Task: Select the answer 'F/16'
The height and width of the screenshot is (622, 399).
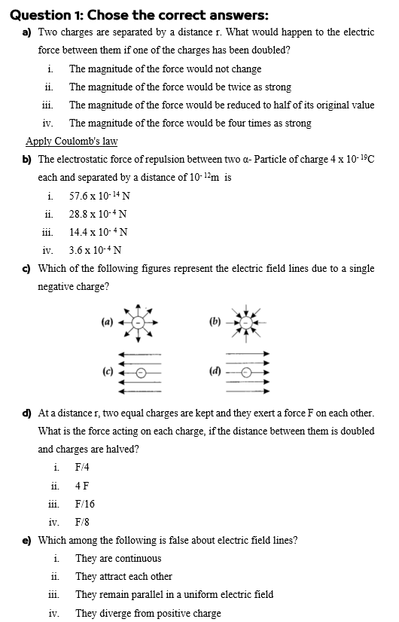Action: (85, 504)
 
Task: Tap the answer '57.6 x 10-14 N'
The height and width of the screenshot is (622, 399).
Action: (99, 196)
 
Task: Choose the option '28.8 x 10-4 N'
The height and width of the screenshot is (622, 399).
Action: (99, 214)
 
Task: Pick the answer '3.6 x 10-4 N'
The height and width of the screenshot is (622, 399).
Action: (96, 250)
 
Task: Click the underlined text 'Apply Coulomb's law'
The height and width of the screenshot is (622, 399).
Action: (72, 142)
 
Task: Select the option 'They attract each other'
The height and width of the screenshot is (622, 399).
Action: (123, 576)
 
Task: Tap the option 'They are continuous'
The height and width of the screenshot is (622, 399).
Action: (117, 558)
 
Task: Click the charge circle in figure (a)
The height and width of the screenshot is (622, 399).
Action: (138, 322)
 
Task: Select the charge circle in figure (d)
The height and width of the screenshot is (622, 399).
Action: (245, 371)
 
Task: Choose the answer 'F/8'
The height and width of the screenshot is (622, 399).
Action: (83, 522)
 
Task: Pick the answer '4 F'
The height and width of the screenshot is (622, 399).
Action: (82, 486)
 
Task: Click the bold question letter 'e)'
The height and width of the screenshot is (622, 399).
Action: (27, 540)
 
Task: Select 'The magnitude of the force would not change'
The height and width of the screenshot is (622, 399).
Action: (165, 69)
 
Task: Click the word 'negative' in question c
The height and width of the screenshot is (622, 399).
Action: (57, 286)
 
